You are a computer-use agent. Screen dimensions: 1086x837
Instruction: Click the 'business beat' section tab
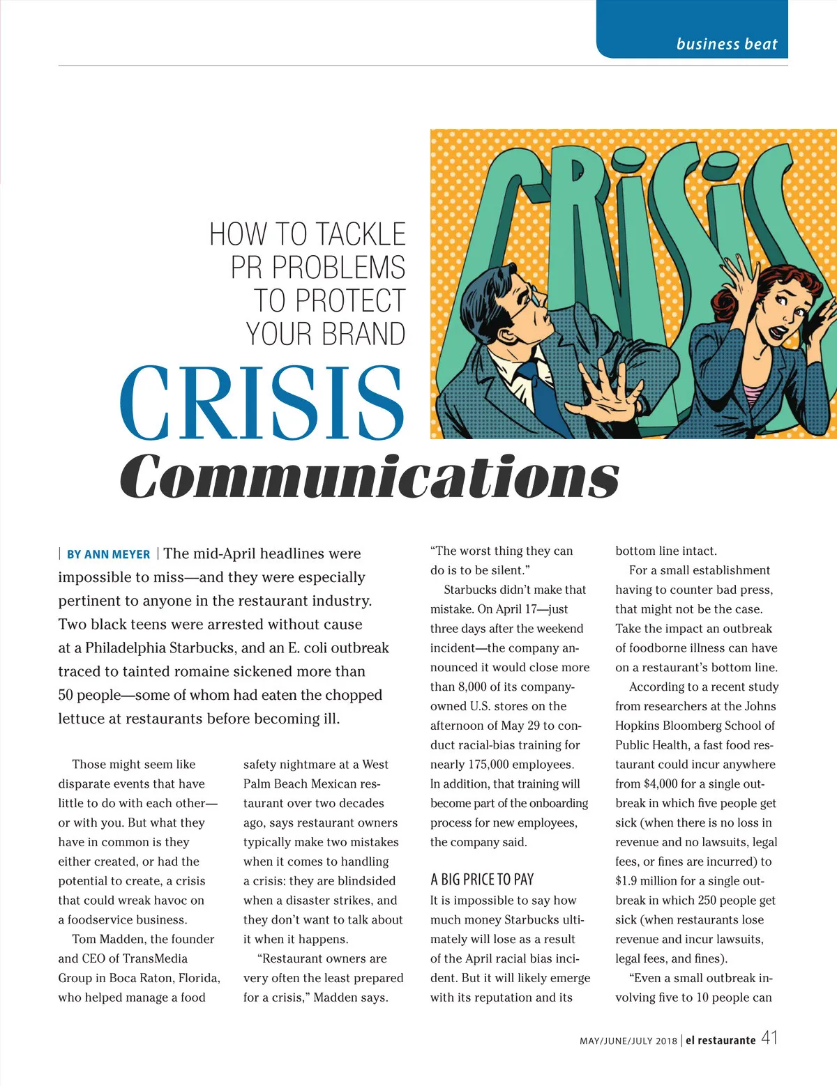pos(726,44)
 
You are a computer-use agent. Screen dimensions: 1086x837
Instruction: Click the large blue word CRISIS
pos(262,405)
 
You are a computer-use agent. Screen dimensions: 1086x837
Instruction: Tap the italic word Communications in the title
pos(370,477)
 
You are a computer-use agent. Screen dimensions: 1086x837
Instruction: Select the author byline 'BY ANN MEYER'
pos(108,555)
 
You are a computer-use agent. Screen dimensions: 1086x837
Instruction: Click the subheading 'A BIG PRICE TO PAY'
pos(482,880)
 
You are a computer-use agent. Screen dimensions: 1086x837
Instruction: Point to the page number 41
pos(769,1038)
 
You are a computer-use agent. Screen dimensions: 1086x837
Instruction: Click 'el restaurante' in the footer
pos(721,1041)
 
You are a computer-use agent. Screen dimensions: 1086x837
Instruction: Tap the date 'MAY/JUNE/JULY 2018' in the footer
pos(628,1041)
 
